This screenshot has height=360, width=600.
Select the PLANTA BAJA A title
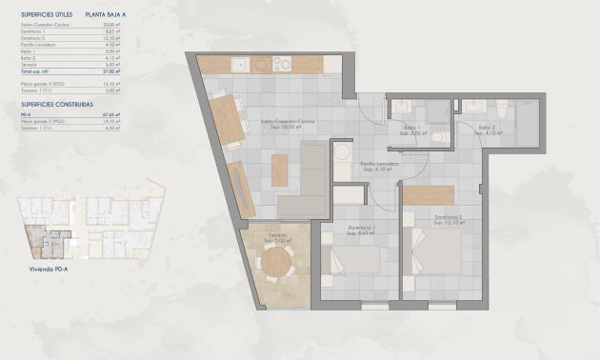[105, 15]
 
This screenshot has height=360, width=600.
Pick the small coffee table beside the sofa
[280, 170]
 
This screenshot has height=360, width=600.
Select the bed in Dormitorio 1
[352, 261]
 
